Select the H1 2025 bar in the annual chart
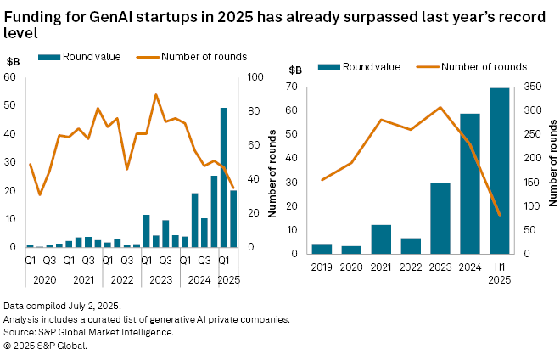(x=499, y=171)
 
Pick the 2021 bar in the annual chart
(x=381, y=239)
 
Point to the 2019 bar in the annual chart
(x=322, y=248)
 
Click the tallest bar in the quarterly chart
(x=224, y=177)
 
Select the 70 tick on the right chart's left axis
(x=294, y=86)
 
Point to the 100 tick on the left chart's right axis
(x=253, y=77)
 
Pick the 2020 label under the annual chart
(x=351, y=267)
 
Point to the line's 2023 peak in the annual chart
(x=440, y=107)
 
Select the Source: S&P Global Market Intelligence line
(x=88, y=332)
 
